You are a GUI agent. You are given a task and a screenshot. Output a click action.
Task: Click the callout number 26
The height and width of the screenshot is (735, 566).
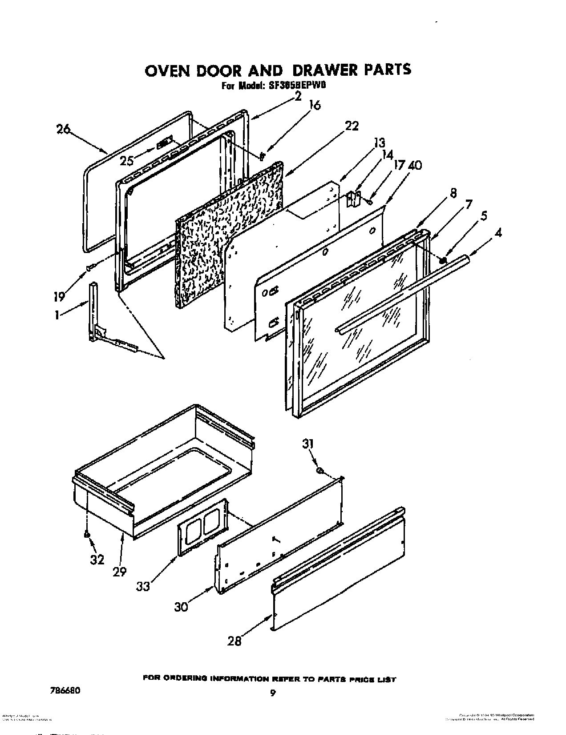(64, 130)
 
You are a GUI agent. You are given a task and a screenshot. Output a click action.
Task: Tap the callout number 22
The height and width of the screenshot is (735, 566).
(352, 127)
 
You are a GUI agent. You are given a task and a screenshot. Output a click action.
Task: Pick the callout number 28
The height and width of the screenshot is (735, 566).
(234, 641)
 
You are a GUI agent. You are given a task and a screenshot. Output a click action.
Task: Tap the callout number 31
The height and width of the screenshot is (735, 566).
(308, 444)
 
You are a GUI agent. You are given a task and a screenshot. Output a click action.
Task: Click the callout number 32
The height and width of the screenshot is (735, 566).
(97, 559)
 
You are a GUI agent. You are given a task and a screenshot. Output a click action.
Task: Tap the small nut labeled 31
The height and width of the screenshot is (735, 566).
(319, 471)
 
